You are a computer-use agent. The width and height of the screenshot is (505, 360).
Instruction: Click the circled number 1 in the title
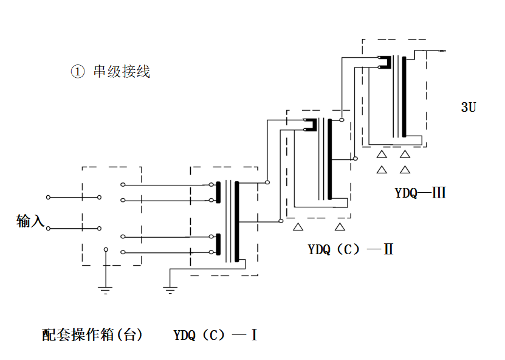tap(77, 72)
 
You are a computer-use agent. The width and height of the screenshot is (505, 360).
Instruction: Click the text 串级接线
tap(122, 72)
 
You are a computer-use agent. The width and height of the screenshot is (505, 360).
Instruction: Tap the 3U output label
tap(468, 108)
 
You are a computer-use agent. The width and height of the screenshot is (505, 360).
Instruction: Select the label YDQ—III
tap(421, 193)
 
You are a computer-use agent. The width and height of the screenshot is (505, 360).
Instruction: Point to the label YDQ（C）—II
tap(351, 249)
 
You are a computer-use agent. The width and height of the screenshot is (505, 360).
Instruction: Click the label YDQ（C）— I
tap(216, 334)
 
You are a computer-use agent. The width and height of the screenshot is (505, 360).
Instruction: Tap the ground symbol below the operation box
tap(106, 289)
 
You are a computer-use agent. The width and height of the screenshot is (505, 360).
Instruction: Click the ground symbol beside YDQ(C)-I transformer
tap(170, 289)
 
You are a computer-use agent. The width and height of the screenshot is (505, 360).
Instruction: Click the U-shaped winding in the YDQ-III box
tap(383, 63)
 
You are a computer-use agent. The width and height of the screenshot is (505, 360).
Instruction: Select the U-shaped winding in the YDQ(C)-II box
tap(311, 125)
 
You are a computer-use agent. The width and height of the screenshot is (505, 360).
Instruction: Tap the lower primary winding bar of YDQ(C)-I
tap(218, 244)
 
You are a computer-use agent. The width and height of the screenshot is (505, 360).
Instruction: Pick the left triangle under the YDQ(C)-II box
tap(298, 227)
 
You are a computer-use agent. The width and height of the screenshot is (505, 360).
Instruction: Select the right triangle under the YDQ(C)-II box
tap(340, 227)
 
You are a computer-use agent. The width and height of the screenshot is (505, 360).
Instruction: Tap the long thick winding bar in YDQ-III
tap(404, 97)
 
